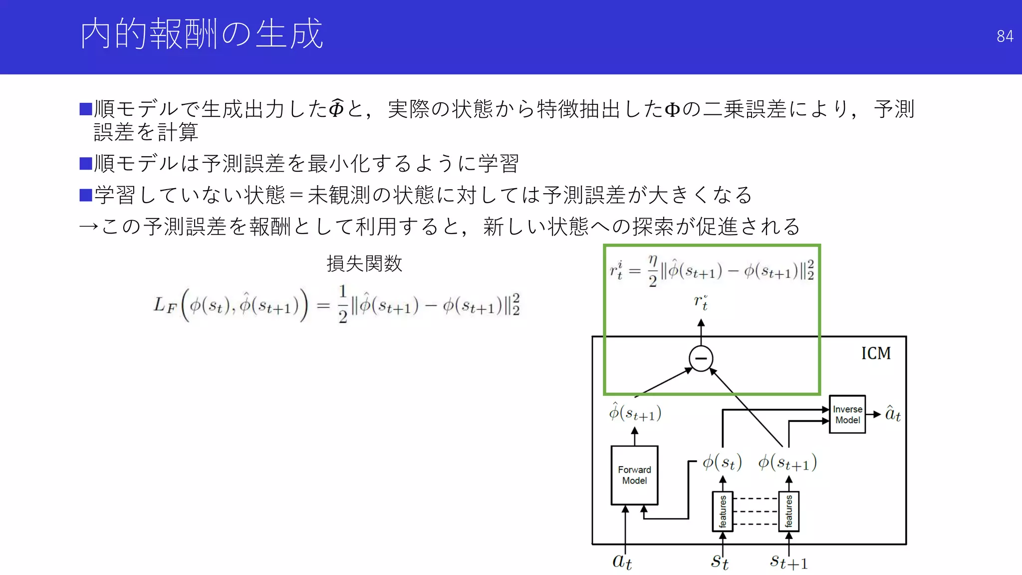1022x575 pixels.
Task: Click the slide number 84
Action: coord(1005,36)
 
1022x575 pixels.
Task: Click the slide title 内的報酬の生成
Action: coord(202,34)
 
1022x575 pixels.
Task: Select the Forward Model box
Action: coord(634,475)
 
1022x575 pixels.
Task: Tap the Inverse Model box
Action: coord(847,414)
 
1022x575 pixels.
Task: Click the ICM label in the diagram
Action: coord(876,353)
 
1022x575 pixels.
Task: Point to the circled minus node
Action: coord(701,358)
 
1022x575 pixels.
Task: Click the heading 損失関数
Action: coord(364,264)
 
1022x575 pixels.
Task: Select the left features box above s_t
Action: coord(723,512)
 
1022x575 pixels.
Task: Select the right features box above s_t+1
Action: coord(788,512)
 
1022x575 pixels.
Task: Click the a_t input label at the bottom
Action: coord(622,562)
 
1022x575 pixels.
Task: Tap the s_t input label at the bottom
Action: coord(720,562)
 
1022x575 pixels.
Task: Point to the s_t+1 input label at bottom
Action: coord(788,562)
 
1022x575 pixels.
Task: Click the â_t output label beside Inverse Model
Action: coord(893,414)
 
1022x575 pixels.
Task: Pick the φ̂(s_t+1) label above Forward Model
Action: coord(635,412)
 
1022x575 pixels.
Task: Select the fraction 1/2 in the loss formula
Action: coord(342,303)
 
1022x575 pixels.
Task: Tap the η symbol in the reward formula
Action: coord(653,260)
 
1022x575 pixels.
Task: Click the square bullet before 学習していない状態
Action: coord(86,195)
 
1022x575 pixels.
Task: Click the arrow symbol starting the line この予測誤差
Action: coord(89,227)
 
